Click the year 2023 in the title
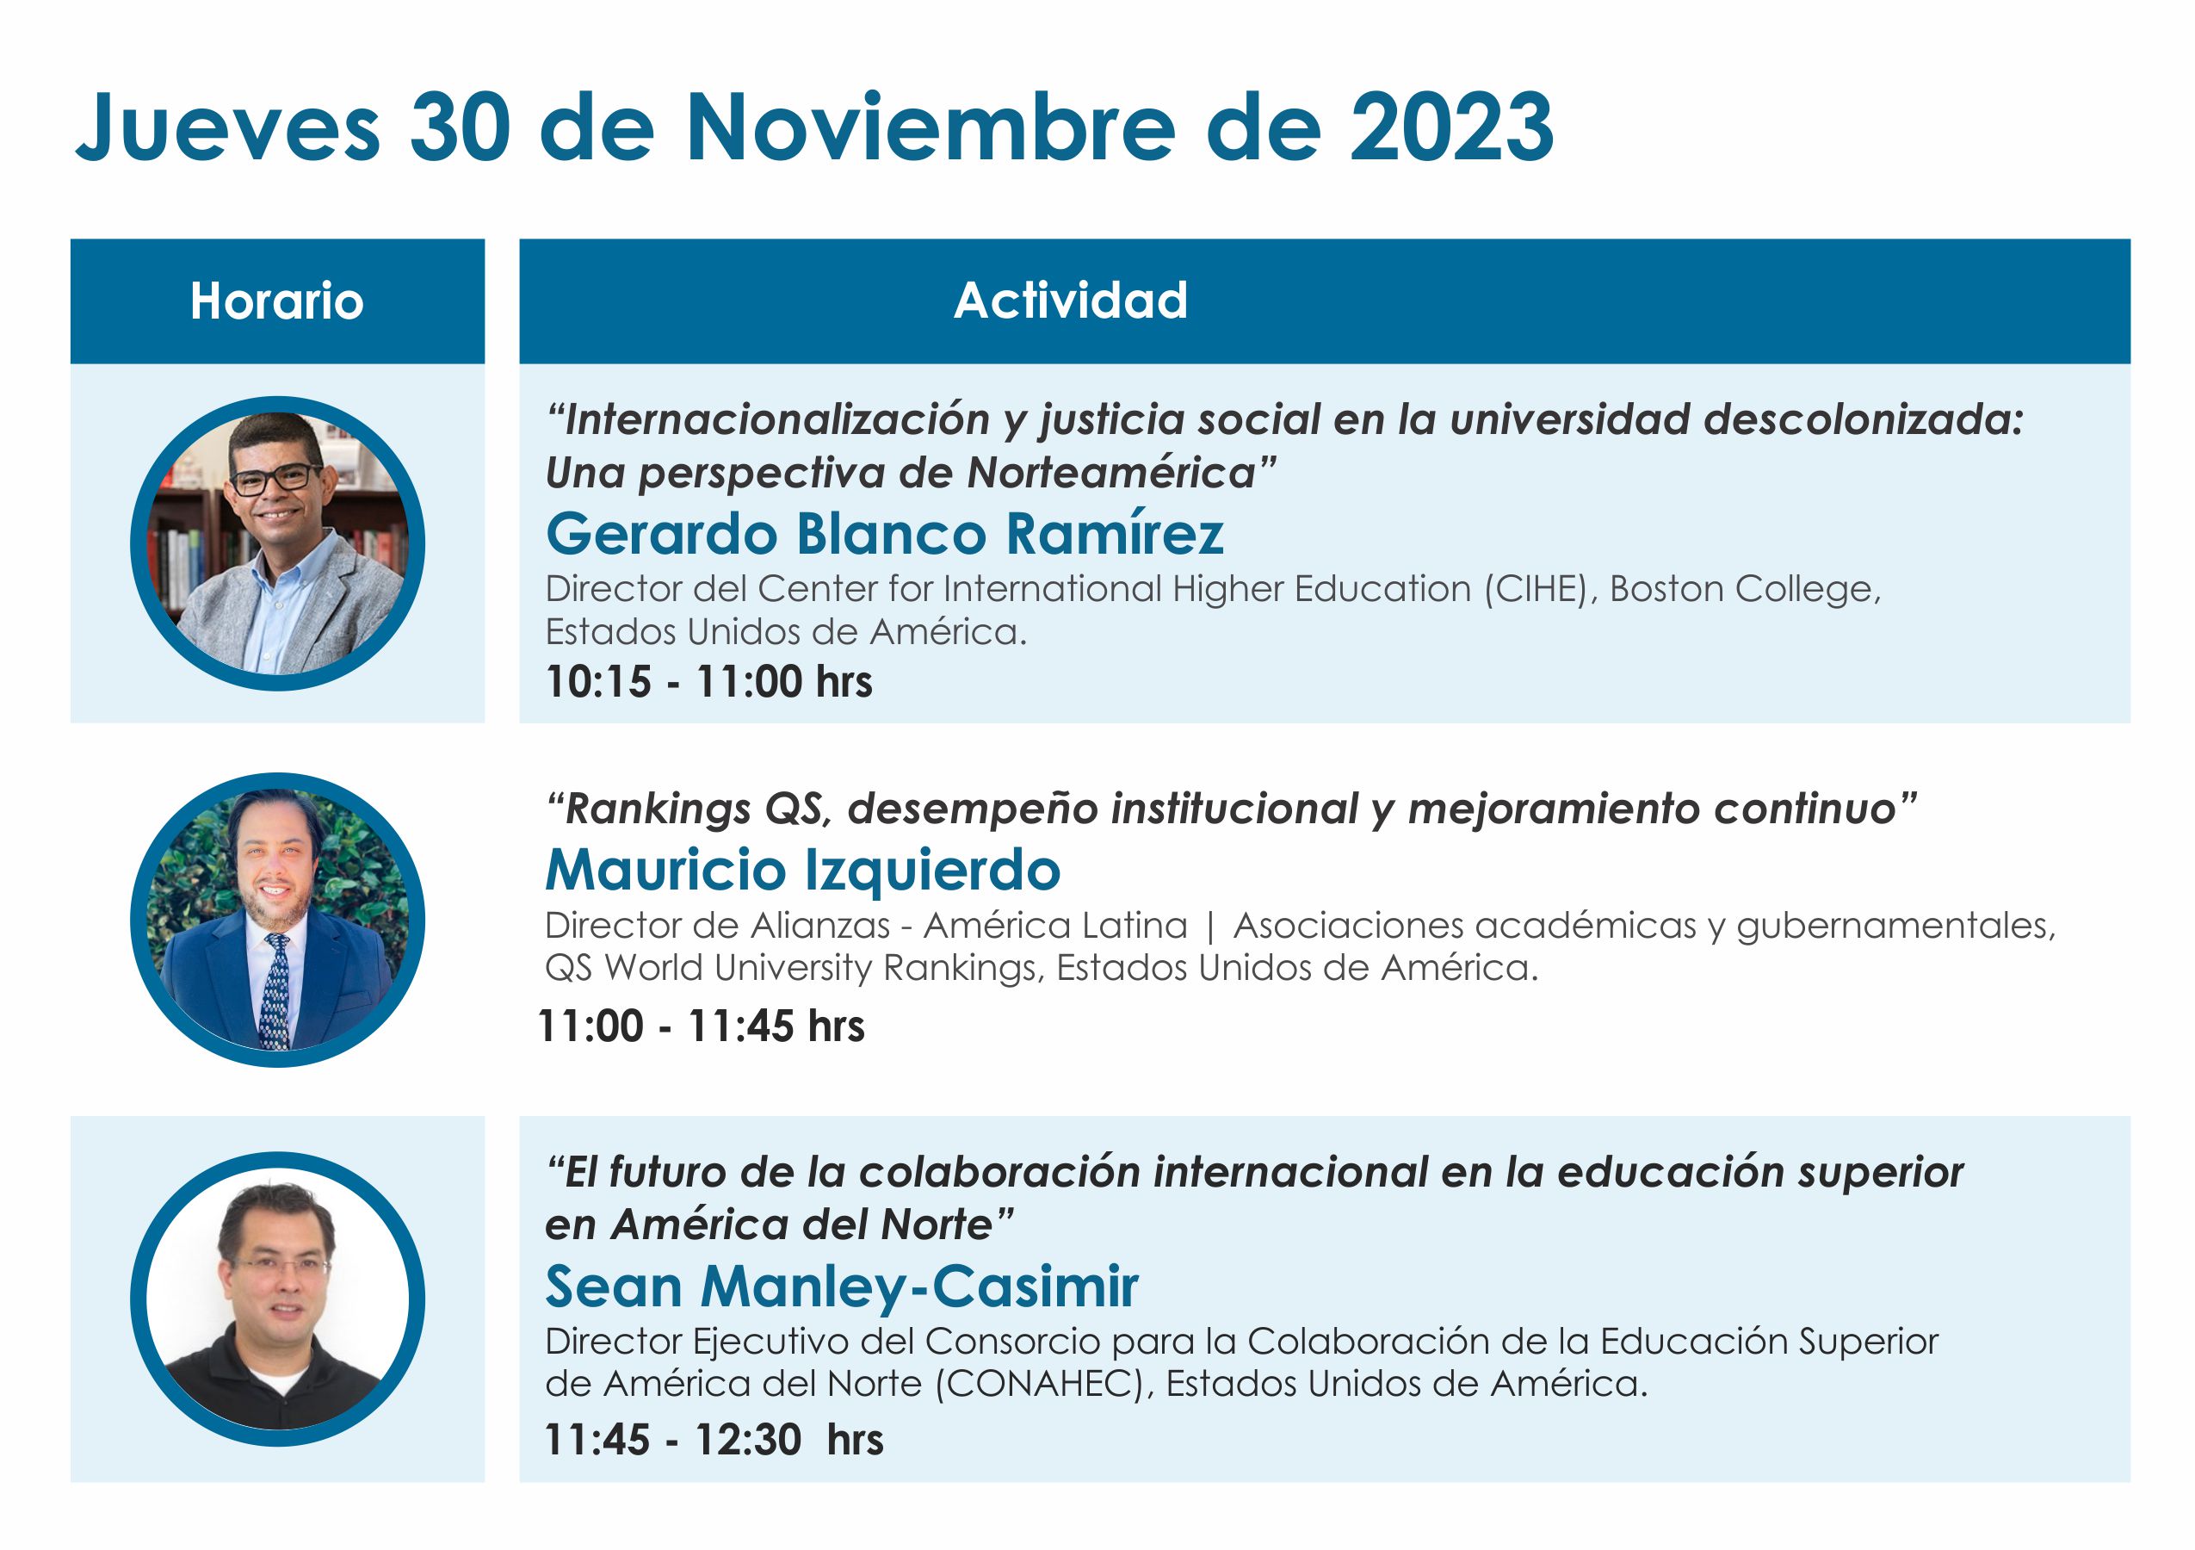pos(1451,127)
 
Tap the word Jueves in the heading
pos(227,127)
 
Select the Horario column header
pos(277,301)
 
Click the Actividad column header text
pos(1071,301)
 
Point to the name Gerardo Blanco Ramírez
pos(884,534)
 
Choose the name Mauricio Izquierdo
pos(803,870)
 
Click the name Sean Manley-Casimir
pos(842,1286)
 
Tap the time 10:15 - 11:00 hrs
pos(708,682)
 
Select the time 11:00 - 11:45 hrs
pos(701,1026)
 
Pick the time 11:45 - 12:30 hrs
pos(714,1439)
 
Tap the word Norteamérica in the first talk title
pos(1111,473)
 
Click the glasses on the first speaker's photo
pos(275,479)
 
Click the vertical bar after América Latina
pos(1210,927)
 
